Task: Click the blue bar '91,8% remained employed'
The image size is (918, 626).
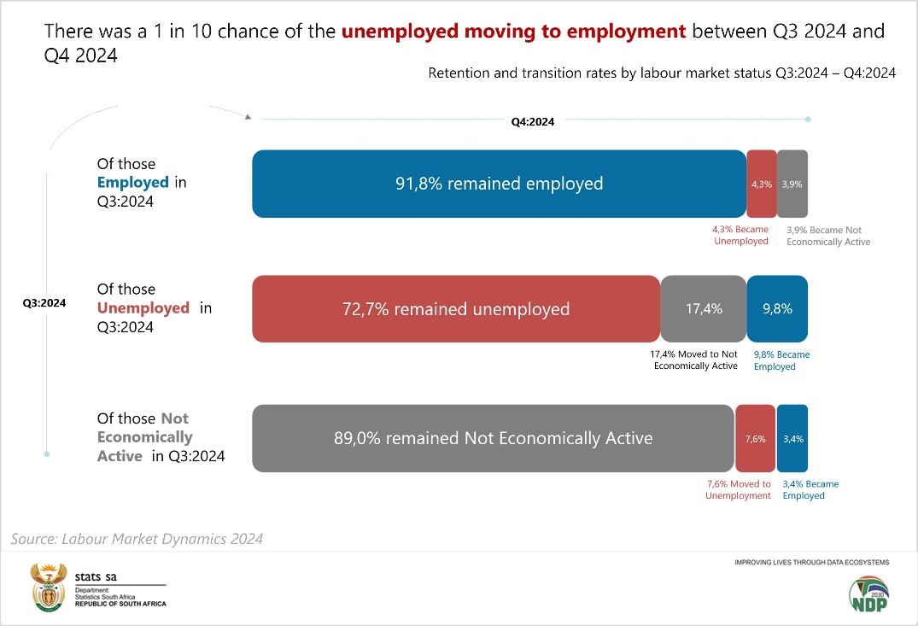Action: (499, 184)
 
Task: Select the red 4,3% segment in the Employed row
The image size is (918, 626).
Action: (762, 184)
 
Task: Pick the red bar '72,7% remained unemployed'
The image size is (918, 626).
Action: (455, 309)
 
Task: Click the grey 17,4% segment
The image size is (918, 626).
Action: (704, 309)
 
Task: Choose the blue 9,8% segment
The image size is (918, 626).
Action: (777, 309)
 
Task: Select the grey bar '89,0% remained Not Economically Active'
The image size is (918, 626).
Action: (493, 438)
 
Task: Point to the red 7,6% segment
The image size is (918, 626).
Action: (756, 438)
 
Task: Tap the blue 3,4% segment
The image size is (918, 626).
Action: (792, 438)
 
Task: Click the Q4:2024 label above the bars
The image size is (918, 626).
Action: (533, 122)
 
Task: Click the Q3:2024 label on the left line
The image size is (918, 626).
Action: (44, 302)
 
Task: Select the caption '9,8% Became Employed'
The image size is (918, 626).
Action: (781, 360)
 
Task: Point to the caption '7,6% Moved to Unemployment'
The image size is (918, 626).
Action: (738, 489)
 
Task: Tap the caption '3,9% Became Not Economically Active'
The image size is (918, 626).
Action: (827, 236)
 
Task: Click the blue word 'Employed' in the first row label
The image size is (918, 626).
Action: (132, 182)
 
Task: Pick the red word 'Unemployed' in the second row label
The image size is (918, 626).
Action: (143, 308)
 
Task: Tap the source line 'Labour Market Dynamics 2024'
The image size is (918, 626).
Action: (137, 539)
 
